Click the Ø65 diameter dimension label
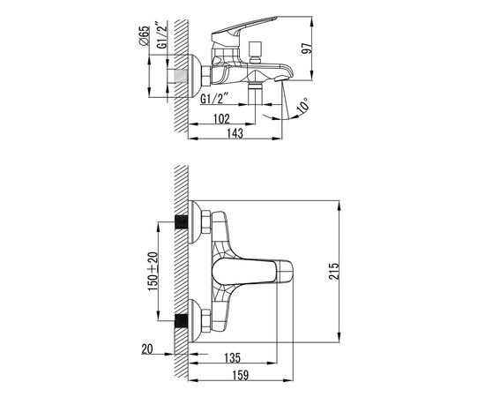coord(144,36)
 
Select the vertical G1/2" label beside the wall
coord(162,35)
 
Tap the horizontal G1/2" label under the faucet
coord(214,99)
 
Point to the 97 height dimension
coord(307,49)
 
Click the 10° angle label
coord(302,106)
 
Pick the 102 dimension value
coord(221,119)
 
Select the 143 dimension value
coord(235,133)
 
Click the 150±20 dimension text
coord(153,272)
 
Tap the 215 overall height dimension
coord(333,272)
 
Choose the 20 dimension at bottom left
coord(147,349)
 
